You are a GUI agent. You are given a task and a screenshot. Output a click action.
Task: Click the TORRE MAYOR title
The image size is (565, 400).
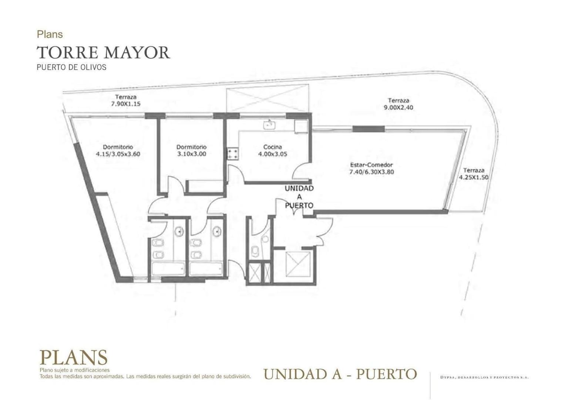103,53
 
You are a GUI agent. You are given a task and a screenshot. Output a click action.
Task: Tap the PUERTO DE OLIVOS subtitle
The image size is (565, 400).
71,67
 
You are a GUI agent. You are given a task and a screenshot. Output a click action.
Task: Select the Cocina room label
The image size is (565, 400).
272,147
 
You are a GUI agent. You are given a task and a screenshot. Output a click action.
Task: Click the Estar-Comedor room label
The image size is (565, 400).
371,165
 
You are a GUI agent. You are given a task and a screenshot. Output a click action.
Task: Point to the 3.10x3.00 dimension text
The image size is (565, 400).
191,154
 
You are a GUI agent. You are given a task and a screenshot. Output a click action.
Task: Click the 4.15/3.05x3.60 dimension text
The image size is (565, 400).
118,154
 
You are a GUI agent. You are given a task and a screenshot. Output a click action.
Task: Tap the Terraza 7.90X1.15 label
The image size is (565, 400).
126,100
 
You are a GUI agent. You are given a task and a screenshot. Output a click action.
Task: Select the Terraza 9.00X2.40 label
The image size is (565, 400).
398,104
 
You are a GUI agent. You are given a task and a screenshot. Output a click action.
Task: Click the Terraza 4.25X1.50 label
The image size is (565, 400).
474,174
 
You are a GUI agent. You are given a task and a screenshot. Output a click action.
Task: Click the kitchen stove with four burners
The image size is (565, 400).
233,154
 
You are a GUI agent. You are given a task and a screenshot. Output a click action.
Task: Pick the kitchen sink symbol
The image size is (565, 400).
270,125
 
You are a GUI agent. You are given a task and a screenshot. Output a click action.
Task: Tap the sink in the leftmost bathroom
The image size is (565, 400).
179,231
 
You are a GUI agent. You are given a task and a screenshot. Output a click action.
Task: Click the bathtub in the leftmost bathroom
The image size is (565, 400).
168,269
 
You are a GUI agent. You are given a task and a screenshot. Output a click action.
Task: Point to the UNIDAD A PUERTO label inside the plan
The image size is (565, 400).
299,197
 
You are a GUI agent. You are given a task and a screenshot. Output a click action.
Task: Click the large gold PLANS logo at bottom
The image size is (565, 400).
73,357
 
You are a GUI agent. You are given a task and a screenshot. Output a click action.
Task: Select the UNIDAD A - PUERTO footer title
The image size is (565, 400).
340,374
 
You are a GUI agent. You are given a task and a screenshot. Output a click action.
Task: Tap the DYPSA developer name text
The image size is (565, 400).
484,377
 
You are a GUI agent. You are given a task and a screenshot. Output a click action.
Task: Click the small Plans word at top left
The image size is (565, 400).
50,34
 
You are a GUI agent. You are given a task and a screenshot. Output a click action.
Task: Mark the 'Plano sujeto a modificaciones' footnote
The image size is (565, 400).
74,370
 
